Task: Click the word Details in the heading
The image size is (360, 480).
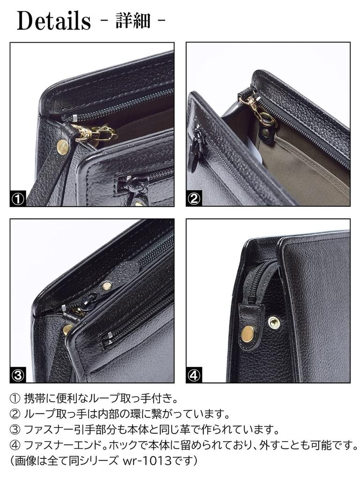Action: (53, 21)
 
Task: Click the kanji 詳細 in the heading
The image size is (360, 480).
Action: (133, 21)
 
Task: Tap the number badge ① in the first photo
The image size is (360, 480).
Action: (18, 199)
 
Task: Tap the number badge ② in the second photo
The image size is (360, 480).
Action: (194, 199)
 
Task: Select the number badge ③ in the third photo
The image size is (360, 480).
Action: (18, 375)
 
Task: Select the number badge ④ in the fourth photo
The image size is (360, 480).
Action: (194, 375)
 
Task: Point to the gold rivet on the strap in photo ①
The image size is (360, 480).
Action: (63, 147)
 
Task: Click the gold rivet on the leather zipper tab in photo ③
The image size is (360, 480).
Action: (107, 285)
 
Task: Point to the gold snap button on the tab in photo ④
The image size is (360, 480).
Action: (247, 333)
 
